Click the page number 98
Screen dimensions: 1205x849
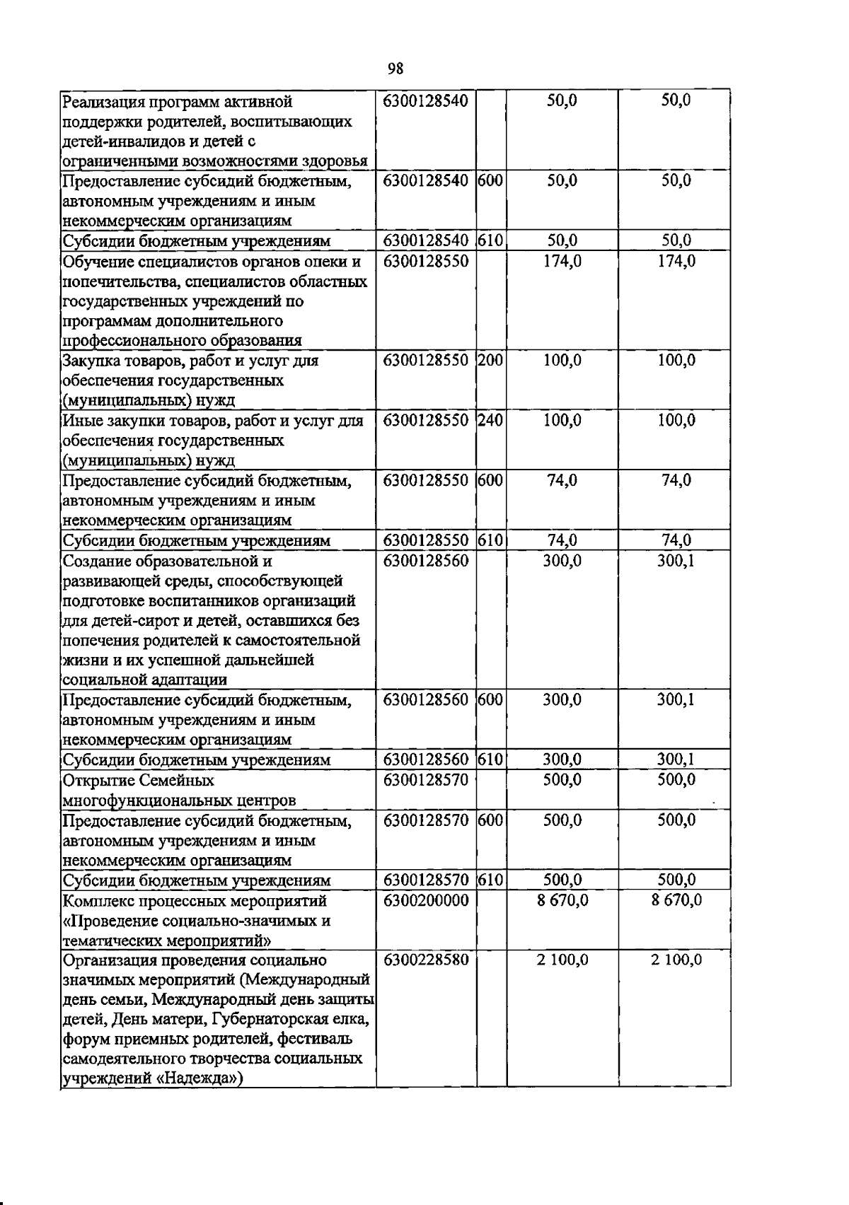(x=395, y=69)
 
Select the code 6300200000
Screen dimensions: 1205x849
(x=426, y=900)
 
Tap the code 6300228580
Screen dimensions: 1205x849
(x=426, y=960)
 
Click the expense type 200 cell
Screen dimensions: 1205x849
(x=490, y=361)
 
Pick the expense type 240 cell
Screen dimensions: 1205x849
(x=490, y=421)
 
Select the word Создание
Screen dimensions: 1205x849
(x=93, y=561)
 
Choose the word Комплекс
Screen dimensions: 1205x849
(x=94, y=901)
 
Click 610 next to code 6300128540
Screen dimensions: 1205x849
(x=490, y=241)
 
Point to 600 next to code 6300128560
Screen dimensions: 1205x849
(x=490, y=700)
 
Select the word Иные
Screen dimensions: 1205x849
(x=79, y=421)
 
